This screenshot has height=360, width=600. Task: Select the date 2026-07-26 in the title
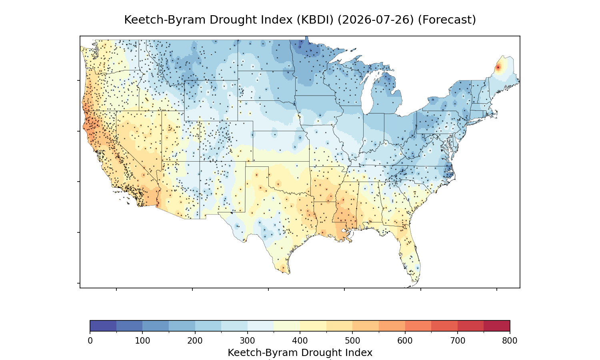click(376, 20)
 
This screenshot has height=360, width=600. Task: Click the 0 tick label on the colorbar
click(90, 341)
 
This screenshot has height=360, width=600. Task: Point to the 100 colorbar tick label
click(142, 341)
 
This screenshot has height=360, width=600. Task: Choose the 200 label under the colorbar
click(195, 341)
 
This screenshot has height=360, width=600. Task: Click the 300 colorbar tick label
click(248, 341)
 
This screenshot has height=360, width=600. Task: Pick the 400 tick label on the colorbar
click(300, 341)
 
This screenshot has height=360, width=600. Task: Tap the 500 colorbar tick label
click(352, 341)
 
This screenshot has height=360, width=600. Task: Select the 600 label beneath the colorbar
click(405, 341)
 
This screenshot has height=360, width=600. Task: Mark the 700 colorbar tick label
click(458, 341)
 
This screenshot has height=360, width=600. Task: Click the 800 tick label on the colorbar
click(510, 341)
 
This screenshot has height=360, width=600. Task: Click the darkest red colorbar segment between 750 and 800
click(497, 326)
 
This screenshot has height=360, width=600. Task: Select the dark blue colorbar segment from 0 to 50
click(103, 326)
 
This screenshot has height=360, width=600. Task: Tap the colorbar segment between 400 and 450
click(313, 326)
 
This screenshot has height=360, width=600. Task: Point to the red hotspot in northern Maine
click(498, 68)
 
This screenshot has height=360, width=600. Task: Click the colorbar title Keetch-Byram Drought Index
click(300, 352)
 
